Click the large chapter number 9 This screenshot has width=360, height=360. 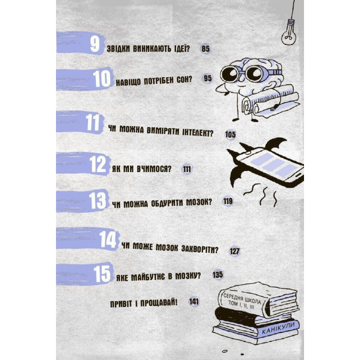[x=95, y=44]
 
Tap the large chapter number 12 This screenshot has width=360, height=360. [x=97, y=164]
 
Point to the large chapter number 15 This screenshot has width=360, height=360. [x=102, y=273]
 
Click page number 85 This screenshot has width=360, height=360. [x=205, y=48]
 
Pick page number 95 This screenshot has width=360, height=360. [x=207, y=78]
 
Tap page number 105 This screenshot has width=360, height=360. [x=230, y=134]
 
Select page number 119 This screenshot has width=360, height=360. [x=228, y=201]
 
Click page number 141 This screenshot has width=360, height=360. [x=194, y=301]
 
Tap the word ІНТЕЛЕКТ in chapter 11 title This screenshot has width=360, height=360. [x=197, y=132]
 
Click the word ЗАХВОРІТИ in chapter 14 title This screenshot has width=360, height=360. [x=199, y=248]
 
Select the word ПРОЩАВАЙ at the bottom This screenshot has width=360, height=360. [x=158, y=303]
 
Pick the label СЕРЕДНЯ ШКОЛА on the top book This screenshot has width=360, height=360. [x=242, y=298]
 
